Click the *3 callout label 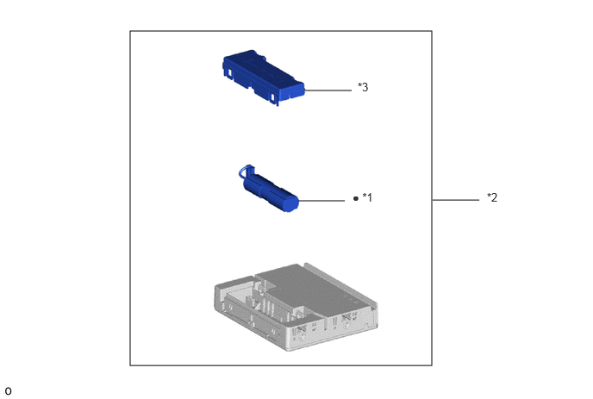click(363, 87)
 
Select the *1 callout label click(367, 197)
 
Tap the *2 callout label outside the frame click(492, 197)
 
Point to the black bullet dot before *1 click(355, 198)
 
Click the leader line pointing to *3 click(328, 90)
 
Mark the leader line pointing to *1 click(321, 201)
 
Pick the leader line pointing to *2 click(456, 200)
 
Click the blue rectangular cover click(264, 78)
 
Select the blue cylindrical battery click(269, 189)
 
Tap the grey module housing click(296, 307)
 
